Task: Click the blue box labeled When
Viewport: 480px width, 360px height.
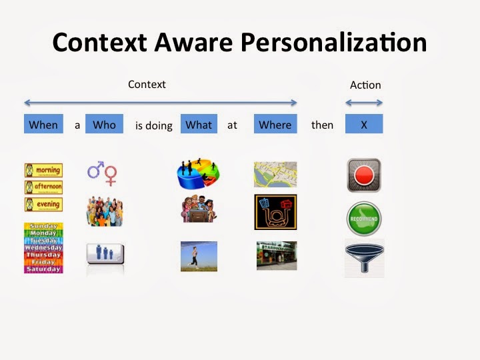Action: tap(43, 125)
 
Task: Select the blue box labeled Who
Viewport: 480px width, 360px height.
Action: tap(104, 125)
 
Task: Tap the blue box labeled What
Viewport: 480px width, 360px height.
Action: tap(199, 125)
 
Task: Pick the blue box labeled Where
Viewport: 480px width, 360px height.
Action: tap(275, 125)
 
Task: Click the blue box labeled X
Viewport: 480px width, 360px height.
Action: tap(363, 125)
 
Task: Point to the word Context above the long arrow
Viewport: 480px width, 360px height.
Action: tap(147, 85)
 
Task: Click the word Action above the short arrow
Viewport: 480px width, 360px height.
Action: tap(365, 85)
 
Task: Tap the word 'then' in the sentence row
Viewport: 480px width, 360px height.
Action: tap(322, 125)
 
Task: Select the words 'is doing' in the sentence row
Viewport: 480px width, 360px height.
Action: tap(153, 125)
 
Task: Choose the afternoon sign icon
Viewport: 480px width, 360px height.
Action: tap(43, 187)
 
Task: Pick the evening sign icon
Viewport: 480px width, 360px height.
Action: tap(43, 205)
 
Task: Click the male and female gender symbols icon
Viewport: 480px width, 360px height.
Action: tap(103, 173)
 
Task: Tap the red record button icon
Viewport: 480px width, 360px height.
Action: tap(363, 175)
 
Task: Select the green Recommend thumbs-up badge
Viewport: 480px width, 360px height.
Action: tap(363, 218)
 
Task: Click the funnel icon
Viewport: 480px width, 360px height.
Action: tap(364, 258)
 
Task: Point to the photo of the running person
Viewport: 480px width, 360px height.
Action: tap(199, 256)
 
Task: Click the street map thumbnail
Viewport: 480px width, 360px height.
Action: tap(275, 174)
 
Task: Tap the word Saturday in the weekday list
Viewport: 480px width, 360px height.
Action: tap(43, 269)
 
